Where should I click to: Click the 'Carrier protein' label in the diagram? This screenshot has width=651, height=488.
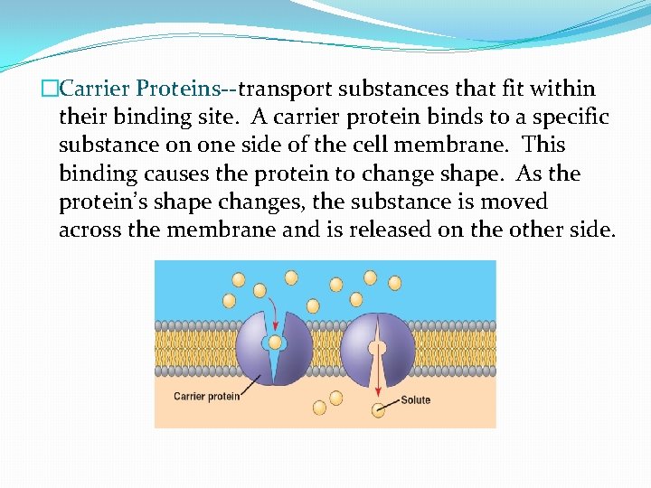click(206, 396)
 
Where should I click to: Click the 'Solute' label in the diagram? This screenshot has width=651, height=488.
click(416, 399)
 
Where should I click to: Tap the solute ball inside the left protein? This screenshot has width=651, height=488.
click(275, 343)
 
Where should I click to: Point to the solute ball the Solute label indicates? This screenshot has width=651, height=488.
click(378, 411)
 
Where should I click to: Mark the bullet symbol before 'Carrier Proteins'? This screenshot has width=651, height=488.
click(49, 89)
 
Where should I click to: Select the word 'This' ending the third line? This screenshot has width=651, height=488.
click(544, 145)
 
